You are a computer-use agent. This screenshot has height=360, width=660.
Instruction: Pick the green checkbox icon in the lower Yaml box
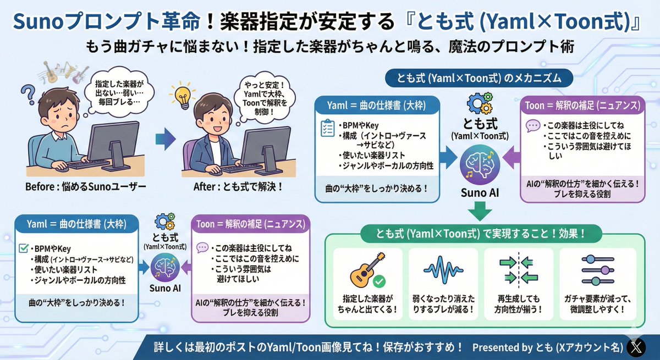pos(24,248)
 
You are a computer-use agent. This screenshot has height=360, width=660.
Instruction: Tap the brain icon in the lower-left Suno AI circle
pos(166,267)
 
